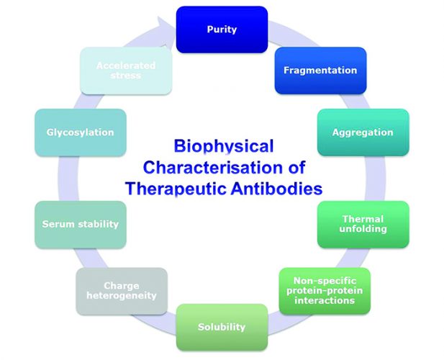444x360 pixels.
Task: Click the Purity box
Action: (x=222, y=30)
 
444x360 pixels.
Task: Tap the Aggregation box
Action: (x=373, y=132)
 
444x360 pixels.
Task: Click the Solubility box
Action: (x=222, y=328)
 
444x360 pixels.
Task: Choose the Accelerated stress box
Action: (x=126, y=71)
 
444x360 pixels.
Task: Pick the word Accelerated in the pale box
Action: (x=126, y=66)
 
